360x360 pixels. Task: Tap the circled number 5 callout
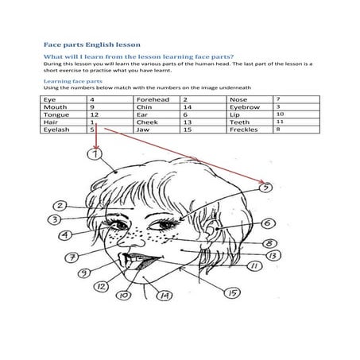pyautogui.click(x=266, y=188)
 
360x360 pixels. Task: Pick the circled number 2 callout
pyautogui.click(x=60, y=204)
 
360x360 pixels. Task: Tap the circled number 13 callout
pyautogui.click(x=272, y=256)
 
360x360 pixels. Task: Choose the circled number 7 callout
pyautogui.click(x=72, y=257)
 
